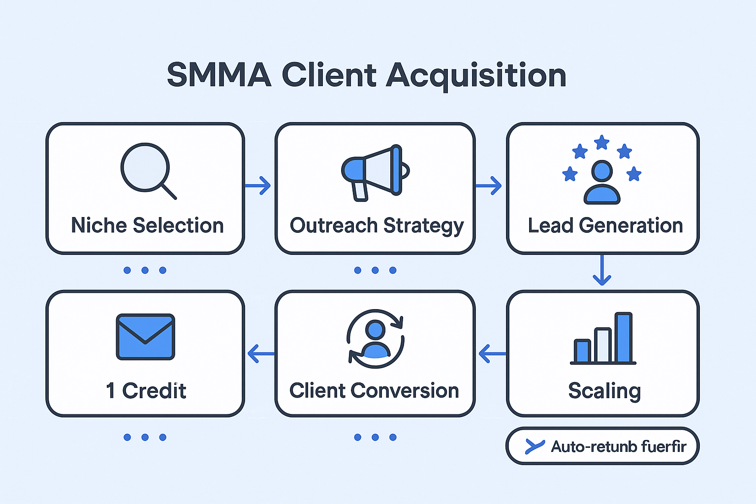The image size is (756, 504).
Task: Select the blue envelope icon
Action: (x=146, y=337)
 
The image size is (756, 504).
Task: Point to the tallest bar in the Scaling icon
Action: (x=624, y=338)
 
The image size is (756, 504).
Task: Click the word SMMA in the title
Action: (x=219, y=75)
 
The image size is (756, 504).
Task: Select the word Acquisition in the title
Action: (x=476, y=76)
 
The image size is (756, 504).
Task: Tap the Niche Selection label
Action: (x=147, y=225)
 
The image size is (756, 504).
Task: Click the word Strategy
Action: (x=423, y=226)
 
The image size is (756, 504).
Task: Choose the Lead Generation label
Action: (x=605, y=225)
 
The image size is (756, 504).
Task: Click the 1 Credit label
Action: (x=146, y=391)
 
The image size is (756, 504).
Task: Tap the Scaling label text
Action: (x=604, y=391)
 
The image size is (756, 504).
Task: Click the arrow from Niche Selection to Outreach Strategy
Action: (x=258, y=186)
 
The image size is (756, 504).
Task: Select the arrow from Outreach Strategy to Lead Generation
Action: (x=489, y=186)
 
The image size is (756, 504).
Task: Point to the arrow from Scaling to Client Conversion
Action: (x=492, y=353)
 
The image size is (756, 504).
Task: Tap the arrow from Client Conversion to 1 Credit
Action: (x=261, y=353)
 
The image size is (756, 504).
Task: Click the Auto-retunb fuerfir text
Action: (x=618, y=446)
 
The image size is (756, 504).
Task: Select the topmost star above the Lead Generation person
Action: (x=601, y=143)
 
